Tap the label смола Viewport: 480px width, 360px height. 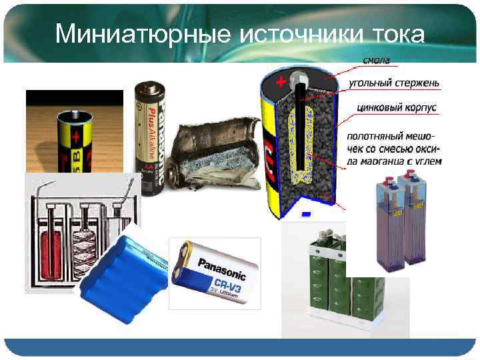click(376, 61)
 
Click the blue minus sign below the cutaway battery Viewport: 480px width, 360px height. click(305, 214)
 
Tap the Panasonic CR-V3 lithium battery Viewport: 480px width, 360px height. click(213, 273)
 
